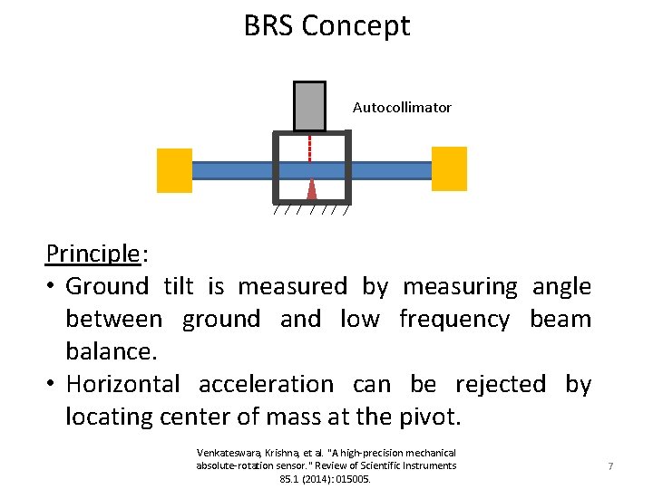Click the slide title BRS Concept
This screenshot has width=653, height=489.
(326, 25)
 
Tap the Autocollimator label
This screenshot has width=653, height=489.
(402, 107)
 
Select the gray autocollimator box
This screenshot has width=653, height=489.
(309, 106)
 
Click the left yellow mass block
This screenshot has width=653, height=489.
(174, 170)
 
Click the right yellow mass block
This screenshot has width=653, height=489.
(449, 169)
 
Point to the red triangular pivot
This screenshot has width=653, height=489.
(311, 187)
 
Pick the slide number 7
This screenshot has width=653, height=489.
(610, 466)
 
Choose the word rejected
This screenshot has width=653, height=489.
(500, 385)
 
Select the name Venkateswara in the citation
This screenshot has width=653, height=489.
(227, 453)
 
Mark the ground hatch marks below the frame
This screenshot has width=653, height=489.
(311, 212)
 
